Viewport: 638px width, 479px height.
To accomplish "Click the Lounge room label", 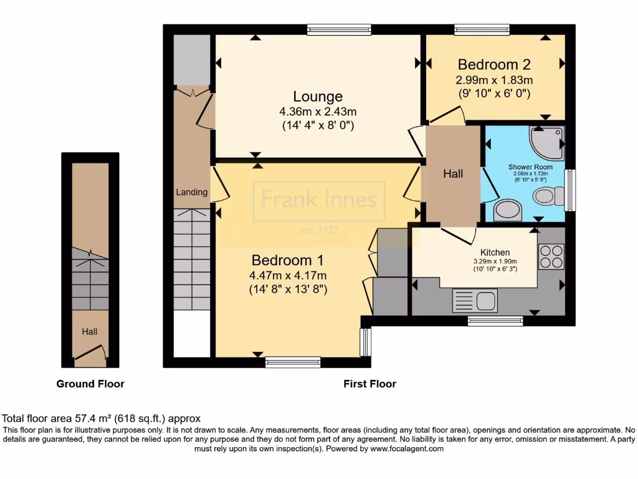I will [x=318, y=97].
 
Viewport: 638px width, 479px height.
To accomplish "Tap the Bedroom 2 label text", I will [x=493, y=64].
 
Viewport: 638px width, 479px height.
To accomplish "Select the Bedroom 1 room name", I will [x=288, y=260].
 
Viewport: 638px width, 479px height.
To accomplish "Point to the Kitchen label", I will [x=495, y=252].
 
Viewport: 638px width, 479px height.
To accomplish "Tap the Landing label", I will [x=191, y=192].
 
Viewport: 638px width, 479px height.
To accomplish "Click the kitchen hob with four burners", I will [x=551, y=256].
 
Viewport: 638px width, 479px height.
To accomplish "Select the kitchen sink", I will [x=475, y=301].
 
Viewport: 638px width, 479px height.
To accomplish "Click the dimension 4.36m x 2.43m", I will [x=318, y=112].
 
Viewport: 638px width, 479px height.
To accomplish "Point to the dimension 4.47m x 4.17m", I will [x=288, y=276].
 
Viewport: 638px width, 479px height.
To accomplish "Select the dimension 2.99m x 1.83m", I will [x=494, y=80].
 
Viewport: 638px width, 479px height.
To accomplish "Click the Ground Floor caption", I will [x=90, y=384].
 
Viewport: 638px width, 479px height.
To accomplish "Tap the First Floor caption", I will [x=369, y=384].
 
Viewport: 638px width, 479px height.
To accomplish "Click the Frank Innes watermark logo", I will [x=318, y=201].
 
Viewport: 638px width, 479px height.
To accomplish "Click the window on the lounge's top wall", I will [x=339, y=29].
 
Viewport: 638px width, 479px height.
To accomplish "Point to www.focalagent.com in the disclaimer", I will [x=407, y=448].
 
